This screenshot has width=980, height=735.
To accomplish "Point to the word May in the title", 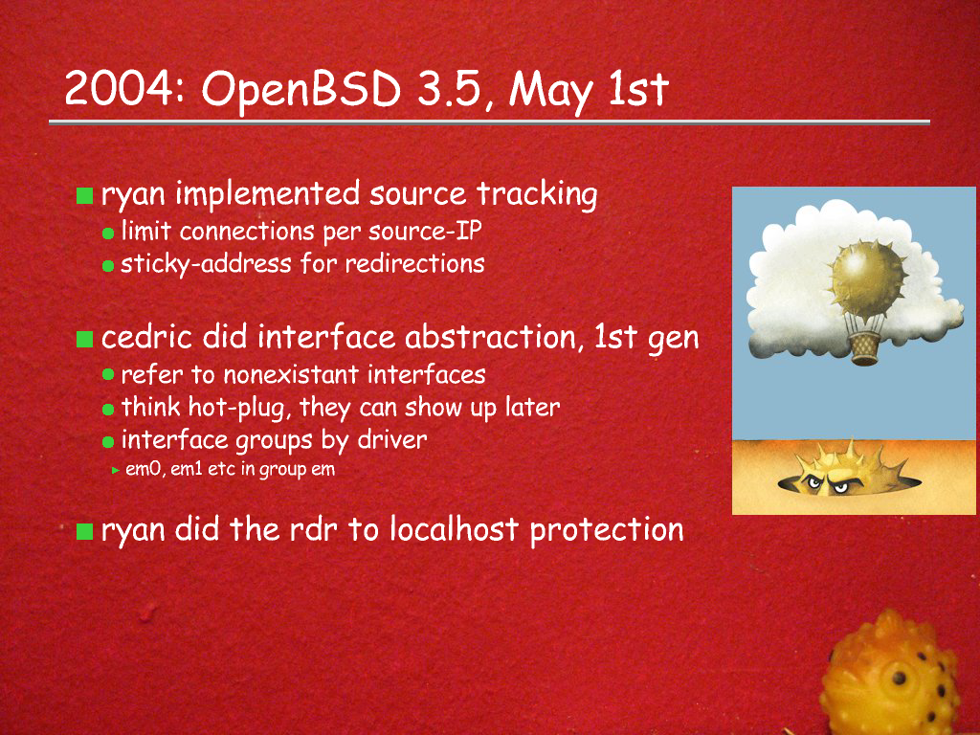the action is pos(550,93).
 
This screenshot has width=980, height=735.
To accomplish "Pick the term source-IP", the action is pos(425,232).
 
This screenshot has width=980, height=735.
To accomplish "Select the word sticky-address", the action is pos(206,264).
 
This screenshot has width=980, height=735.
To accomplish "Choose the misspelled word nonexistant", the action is pos(291,375).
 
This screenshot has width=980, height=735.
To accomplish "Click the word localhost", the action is pos(455,530).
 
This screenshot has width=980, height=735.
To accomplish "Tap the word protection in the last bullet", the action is pos(607,531).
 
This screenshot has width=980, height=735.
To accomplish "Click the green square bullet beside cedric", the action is pos(84,340).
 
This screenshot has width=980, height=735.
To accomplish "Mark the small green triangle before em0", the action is pos(116,470).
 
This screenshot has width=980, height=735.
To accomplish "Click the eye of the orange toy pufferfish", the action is pos(899,678).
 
